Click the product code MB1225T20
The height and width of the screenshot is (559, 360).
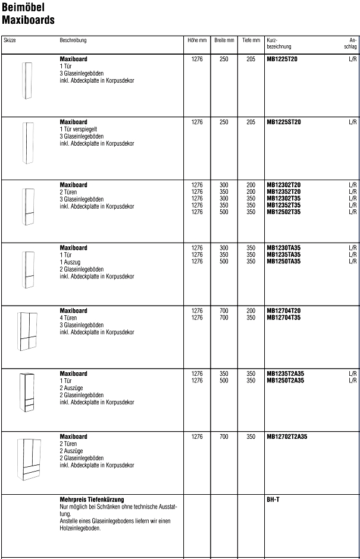tap(283, 59)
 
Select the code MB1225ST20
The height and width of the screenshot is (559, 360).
tap(284, 122)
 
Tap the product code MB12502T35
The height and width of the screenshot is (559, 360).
tap(284, 212)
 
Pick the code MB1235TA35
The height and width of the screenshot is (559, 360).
tap(283, 255)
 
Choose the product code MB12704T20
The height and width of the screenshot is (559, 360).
tap(284, 311)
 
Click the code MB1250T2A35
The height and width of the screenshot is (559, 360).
tap(286, 381)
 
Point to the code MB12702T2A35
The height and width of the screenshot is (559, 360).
tap(287, 436)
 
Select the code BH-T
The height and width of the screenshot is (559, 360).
tap(273, 500)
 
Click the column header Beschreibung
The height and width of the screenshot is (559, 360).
tap(73, 40)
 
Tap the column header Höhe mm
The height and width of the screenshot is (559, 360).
tap(197, 40)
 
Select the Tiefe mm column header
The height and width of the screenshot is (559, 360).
tap(251, 40)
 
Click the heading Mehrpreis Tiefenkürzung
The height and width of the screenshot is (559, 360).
tap(92, 500)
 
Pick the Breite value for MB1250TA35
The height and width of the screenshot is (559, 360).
tap(224, 261)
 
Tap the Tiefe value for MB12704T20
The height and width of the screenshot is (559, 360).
tap(251, 311)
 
